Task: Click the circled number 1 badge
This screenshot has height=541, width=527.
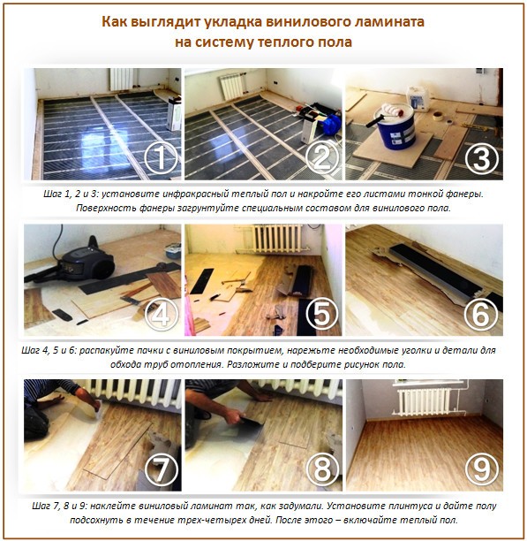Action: point(162,157)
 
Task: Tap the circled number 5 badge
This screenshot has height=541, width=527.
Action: point(322,314)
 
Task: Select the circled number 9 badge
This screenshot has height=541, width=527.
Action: point(481,470)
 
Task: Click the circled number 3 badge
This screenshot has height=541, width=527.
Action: point(481,158)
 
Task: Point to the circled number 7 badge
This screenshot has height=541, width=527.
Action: point(162,470)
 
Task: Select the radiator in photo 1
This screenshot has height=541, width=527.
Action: point(123,79)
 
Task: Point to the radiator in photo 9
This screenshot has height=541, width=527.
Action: point(424,402)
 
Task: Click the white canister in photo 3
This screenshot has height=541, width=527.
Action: point(418,99)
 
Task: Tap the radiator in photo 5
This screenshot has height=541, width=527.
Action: point(278,238)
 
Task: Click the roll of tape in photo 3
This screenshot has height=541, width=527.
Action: point(437,116)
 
